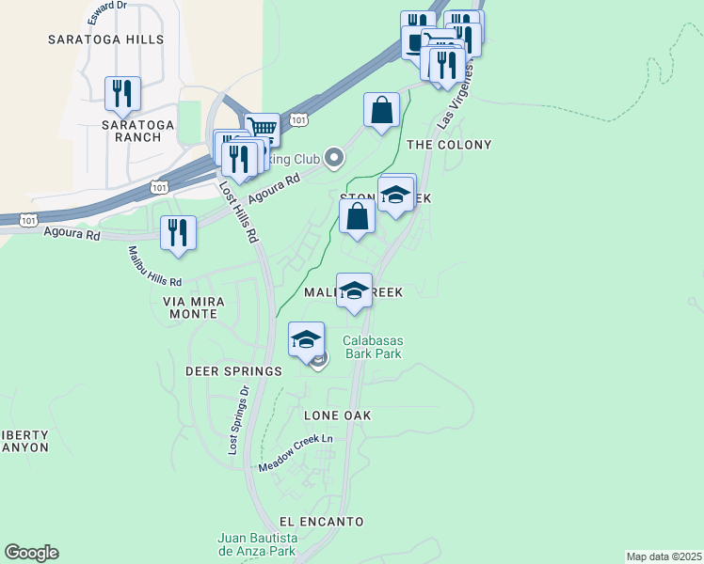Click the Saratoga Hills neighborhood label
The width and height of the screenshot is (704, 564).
[x=106, y=39]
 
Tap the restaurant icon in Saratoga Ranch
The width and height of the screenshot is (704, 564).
[x=122, y=93]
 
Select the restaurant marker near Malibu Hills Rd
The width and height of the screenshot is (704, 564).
[x=178, y=232]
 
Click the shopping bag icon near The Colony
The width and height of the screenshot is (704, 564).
[x=382, y=110]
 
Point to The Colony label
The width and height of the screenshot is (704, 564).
[x=449, y=145]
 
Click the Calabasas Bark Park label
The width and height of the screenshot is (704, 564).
[x=372, y=347]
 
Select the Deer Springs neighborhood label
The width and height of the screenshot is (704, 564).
[x=233, y=371]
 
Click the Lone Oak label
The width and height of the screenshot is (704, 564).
[x=337, y=415]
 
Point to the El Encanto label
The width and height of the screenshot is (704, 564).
[x=321, y=521]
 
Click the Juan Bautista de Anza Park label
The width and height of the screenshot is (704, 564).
[x=257, y=545]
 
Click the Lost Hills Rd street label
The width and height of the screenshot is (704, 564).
[x=239, y=211]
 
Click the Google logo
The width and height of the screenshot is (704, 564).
[x=31, y=553]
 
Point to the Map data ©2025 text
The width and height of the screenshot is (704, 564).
[x=664, y=556]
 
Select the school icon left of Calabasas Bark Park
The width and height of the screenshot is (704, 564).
[x=307, y=338]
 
